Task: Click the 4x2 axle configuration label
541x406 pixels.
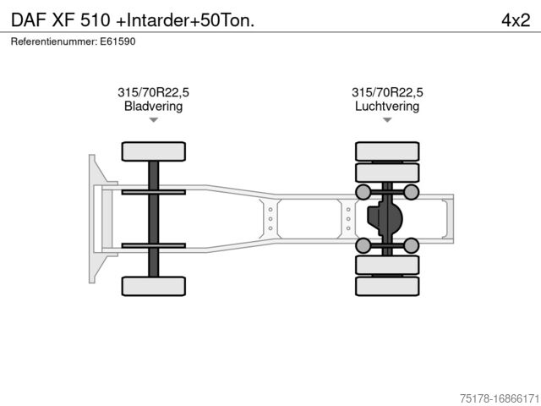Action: [516, 20]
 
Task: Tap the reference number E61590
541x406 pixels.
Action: [117, 41]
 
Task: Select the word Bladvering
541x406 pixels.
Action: [153, 106]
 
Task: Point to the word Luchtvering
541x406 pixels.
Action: [387, 106]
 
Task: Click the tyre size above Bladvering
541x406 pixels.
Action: [153, 92]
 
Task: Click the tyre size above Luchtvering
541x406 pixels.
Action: [387, 92]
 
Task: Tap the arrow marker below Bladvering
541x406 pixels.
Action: [154, 120]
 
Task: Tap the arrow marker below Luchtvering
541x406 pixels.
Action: [387, 120]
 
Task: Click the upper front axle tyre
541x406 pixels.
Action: [154, 151]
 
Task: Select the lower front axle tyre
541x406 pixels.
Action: [154, 286]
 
